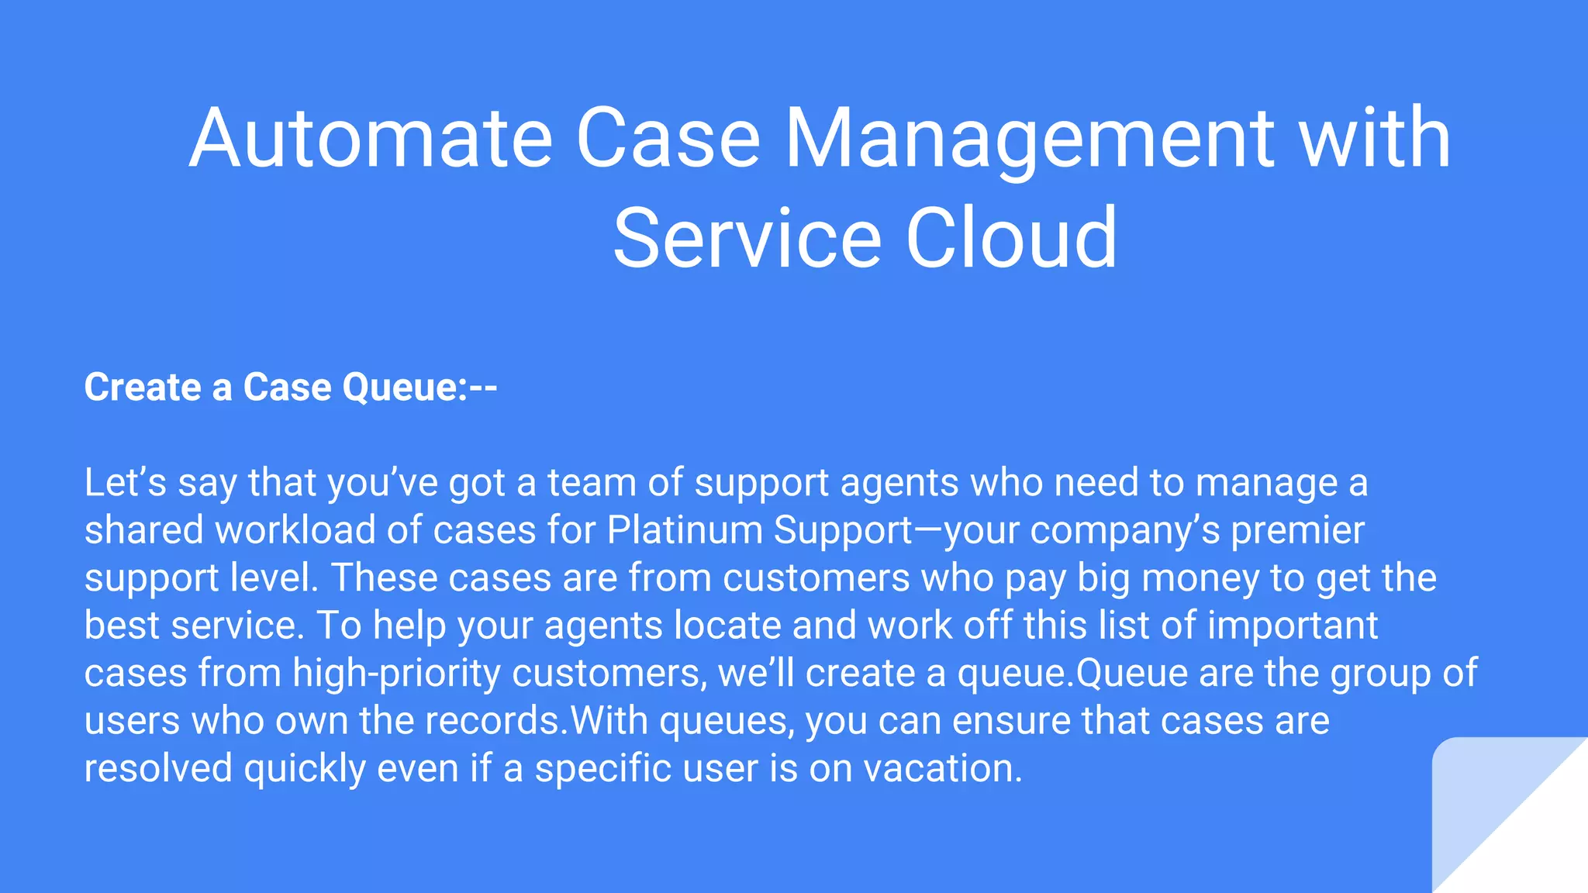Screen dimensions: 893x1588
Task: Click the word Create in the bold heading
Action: tap(143, 387)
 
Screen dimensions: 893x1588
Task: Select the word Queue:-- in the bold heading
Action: tap(419, 387)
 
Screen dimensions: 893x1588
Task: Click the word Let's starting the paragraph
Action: tap(125, 482)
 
